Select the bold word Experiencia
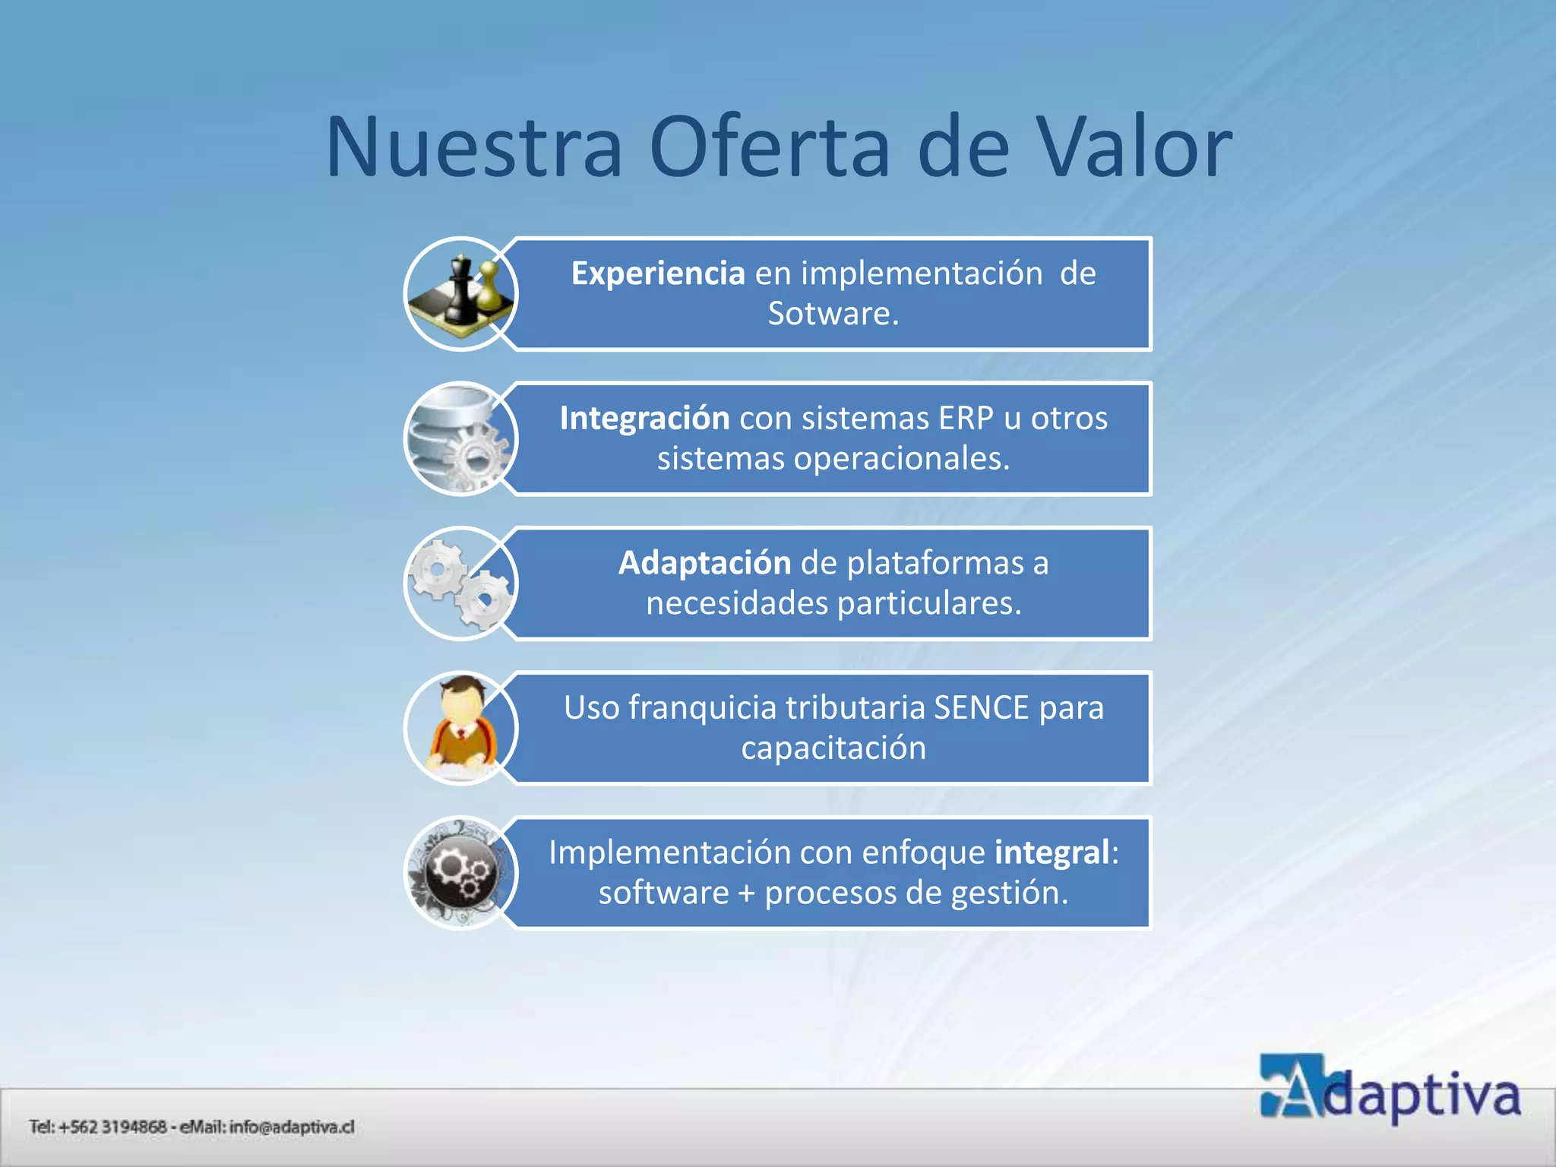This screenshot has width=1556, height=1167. (658, 274)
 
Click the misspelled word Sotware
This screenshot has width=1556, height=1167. (833, 314)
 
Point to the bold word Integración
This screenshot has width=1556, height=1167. (644, 419)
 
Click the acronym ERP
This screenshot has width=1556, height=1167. (966, 419)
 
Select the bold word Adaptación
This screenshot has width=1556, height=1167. (704, 563)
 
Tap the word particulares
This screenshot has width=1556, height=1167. (928, 603)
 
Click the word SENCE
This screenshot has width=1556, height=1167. (981, 708)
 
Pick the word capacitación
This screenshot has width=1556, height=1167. (833, 748)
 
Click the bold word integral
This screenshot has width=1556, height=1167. (1052, 852)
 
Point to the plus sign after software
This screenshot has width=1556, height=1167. (746, 893)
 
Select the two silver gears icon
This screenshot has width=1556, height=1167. (460, 583)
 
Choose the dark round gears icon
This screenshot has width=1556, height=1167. (460, 872)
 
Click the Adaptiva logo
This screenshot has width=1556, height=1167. (1390, 1088)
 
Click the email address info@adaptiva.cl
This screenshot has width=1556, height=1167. (292, 1127)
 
